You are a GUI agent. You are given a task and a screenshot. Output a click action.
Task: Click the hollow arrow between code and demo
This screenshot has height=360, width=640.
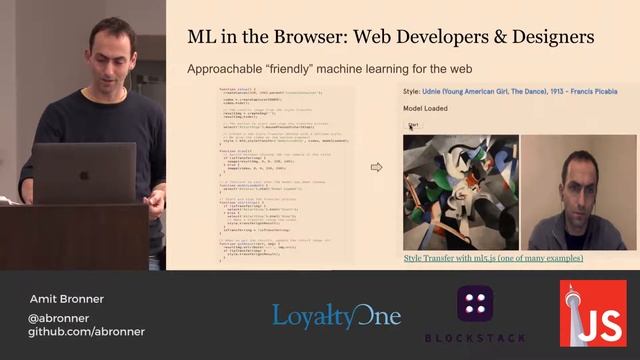pyautogui.click(x=376, y=167)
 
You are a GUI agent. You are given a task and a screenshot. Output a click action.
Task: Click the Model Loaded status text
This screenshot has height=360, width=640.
pyautogui.click(x=426, y=108)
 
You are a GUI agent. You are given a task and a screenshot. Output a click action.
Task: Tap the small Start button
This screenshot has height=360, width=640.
pyautogui.click(x=413, y=126)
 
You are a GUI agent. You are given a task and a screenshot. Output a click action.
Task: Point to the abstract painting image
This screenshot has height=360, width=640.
pyautogui.click(x=459, y=192)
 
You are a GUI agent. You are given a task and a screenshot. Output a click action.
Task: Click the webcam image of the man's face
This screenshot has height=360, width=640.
pyautogui.click(x=577, y=192)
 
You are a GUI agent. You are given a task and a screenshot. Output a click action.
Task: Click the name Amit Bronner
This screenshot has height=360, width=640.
pyautogui.click(x=65, y=299)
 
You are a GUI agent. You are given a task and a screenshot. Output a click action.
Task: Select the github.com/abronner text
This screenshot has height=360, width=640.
pyautogui.click(x=86, y=331)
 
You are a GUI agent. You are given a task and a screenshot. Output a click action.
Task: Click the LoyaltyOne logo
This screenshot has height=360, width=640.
pyautogui.click(x=336, y=317)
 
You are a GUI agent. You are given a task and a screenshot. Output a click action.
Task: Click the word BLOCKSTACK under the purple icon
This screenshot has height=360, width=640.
pyautogui.click(x=475, y=338)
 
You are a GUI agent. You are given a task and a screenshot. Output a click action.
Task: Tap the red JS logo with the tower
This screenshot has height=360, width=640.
pyautogui.click(x=592, y=313)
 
